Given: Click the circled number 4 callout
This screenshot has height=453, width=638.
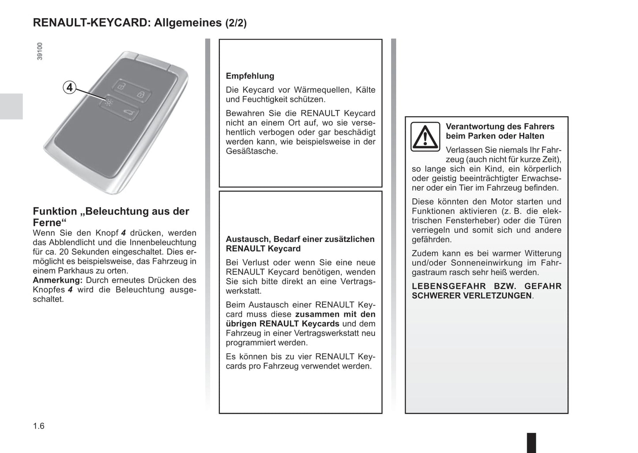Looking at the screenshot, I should (x=69, y=87).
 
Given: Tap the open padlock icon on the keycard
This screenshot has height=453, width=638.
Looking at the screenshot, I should (x=122, y=86).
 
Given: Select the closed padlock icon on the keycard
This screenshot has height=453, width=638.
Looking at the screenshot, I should (x=140, y=94).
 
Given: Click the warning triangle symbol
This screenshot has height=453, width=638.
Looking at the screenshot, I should (x=425, y=137).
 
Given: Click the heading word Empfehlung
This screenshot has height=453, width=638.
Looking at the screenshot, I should (x=250, y=76).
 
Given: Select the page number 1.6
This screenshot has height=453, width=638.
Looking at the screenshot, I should (x=39, y=426).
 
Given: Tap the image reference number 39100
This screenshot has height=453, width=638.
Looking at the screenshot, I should (x=40, y=51).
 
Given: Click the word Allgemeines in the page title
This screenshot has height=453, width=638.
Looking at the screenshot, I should (x=188, y=23).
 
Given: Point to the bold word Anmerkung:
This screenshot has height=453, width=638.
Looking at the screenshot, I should (x=57, y=280).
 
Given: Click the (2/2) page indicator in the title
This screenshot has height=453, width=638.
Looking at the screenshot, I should (x=236, y=23).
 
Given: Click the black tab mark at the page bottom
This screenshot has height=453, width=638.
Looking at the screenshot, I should (x=532, y=443).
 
